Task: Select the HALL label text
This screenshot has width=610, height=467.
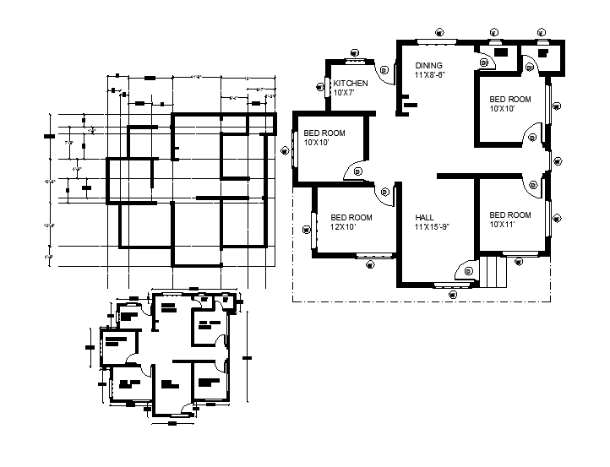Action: (x=425, y=216)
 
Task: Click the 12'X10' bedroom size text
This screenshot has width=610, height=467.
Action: (x=344, y=226)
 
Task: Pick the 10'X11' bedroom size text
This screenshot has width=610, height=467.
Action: (x=503, y=225)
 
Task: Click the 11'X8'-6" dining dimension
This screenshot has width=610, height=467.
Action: (x=429, y=74)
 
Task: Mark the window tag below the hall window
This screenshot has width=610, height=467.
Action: (x=455, y=296)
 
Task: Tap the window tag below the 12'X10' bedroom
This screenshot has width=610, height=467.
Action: (x=369, y=263)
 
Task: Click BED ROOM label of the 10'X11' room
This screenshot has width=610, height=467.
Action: (x=510, y=214)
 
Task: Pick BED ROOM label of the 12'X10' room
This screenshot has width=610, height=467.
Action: (x=351, y=217)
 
